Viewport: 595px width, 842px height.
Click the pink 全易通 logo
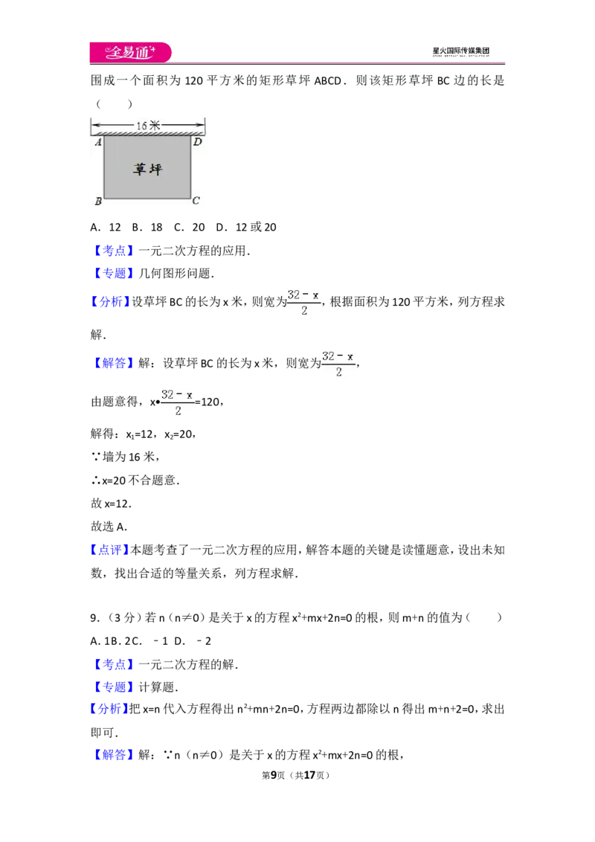[130, 52]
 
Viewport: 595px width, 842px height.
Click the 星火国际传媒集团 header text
[460, 51]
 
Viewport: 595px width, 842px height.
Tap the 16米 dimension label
[148, 126]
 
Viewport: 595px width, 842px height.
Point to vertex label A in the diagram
[98, 142]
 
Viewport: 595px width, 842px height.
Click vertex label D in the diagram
[198, 142]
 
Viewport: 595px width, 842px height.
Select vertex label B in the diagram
[98, 202]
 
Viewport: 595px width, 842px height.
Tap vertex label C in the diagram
[196, 200]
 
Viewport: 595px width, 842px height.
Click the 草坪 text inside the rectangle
[148, 169]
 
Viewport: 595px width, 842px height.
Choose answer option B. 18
[147, 227]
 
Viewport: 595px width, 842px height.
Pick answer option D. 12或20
[246, 227]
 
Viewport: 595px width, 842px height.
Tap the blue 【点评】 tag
[109, 550]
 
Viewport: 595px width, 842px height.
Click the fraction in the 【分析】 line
[304, 302]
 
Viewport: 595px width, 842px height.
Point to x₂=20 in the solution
[178, 434]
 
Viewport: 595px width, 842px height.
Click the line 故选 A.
[109, 527]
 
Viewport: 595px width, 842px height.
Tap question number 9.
[95, 618]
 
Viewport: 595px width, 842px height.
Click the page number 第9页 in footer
[274, 775]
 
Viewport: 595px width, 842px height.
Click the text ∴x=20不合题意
[135, 480]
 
